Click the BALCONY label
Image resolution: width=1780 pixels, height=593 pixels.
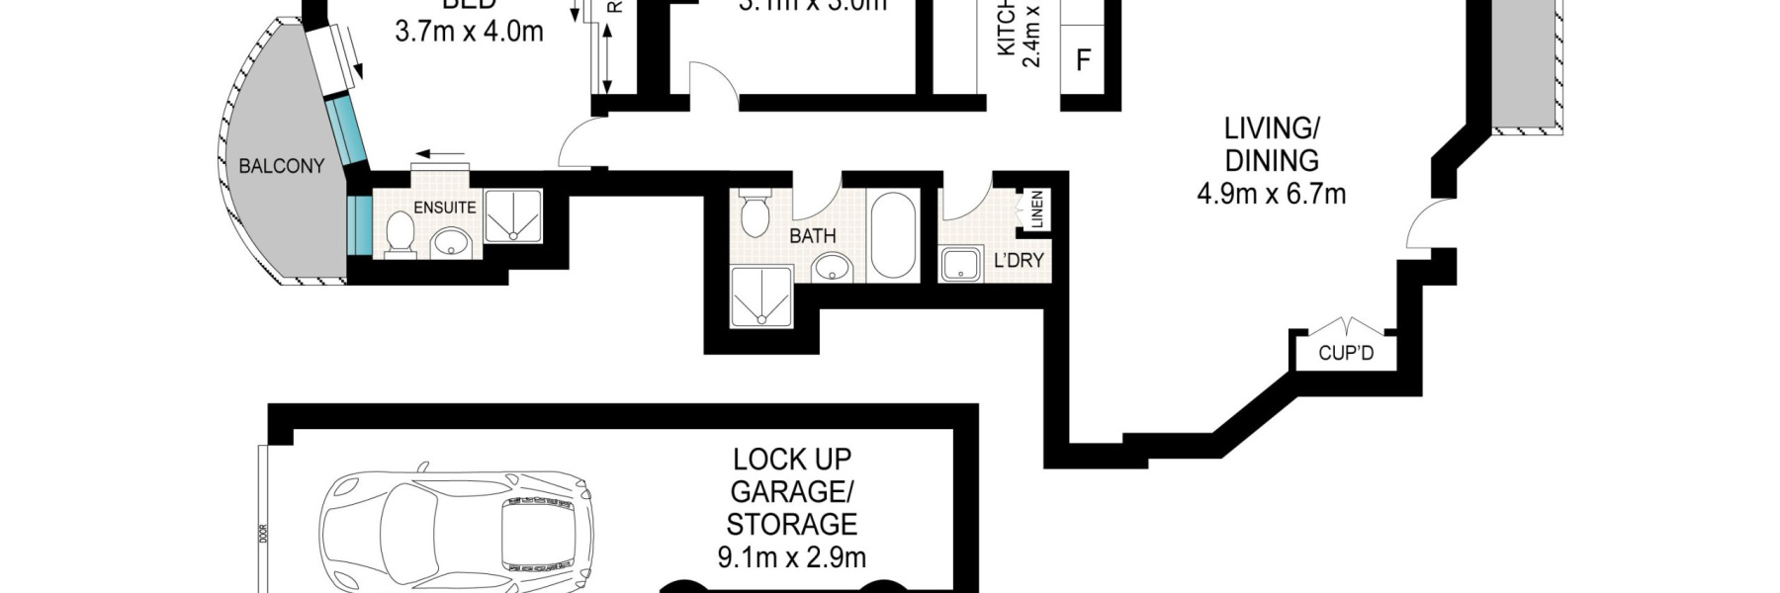click(x=281, y=166)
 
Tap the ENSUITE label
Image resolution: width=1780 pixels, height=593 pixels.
click(x=444, y=208)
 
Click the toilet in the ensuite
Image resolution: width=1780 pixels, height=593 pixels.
click(x=400, y=234)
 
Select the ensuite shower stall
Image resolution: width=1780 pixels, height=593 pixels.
click(x=512, y=215)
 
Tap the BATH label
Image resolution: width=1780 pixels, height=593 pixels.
click(x=812, y=236)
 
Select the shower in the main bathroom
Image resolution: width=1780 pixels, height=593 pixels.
click(x=761, y=296)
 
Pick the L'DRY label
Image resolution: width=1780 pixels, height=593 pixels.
click(x=1018, y=261)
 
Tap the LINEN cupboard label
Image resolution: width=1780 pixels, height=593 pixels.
click(x=1036, y=210)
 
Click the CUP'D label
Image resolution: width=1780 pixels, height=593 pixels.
click(x=1346, y=353)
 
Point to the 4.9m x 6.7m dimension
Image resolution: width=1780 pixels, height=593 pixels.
click(x=1271, y=194)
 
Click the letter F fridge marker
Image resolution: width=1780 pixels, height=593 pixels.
click(x=1083, y=60)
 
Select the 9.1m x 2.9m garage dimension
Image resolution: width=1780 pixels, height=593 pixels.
click(x=791, y=557)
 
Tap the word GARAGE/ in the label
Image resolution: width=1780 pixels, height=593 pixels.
click(x=791, y=491)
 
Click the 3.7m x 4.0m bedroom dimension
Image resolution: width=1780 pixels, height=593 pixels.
click(x=469, y=32)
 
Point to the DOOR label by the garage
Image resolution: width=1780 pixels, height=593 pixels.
click(x=263, y=534)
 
